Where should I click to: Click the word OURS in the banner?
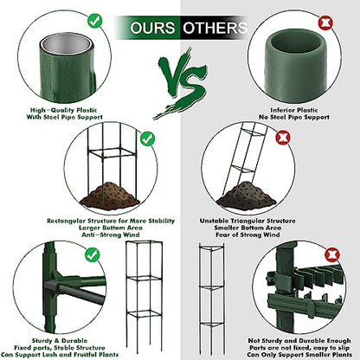tap(152, 28)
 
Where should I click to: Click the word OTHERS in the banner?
tap(215, 28)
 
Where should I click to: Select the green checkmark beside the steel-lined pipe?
tap(95, 21)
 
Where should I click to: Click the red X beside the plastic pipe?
tap(325, 22)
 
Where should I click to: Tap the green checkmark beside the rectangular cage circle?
tap(147, 139)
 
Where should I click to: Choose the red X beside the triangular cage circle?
tap(282, 138)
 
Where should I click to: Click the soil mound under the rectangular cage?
tap(110, 195)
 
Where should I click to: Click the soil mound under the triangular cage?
tap(246, 195)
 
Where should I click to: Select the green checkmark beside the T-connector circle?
tap(93, 255)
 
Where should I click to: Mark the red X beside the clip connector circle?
tap(332, 254)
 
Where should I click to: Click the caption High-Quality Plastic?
tap(63, 110)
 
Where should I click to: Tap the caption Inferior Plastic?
tap(294, 110)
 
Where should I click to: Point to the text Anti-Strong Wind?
tap(111, 235)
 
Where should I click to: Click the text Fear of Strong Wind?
tap(247, 235)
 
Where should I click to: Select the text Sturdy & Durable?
tap(60, 341)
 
